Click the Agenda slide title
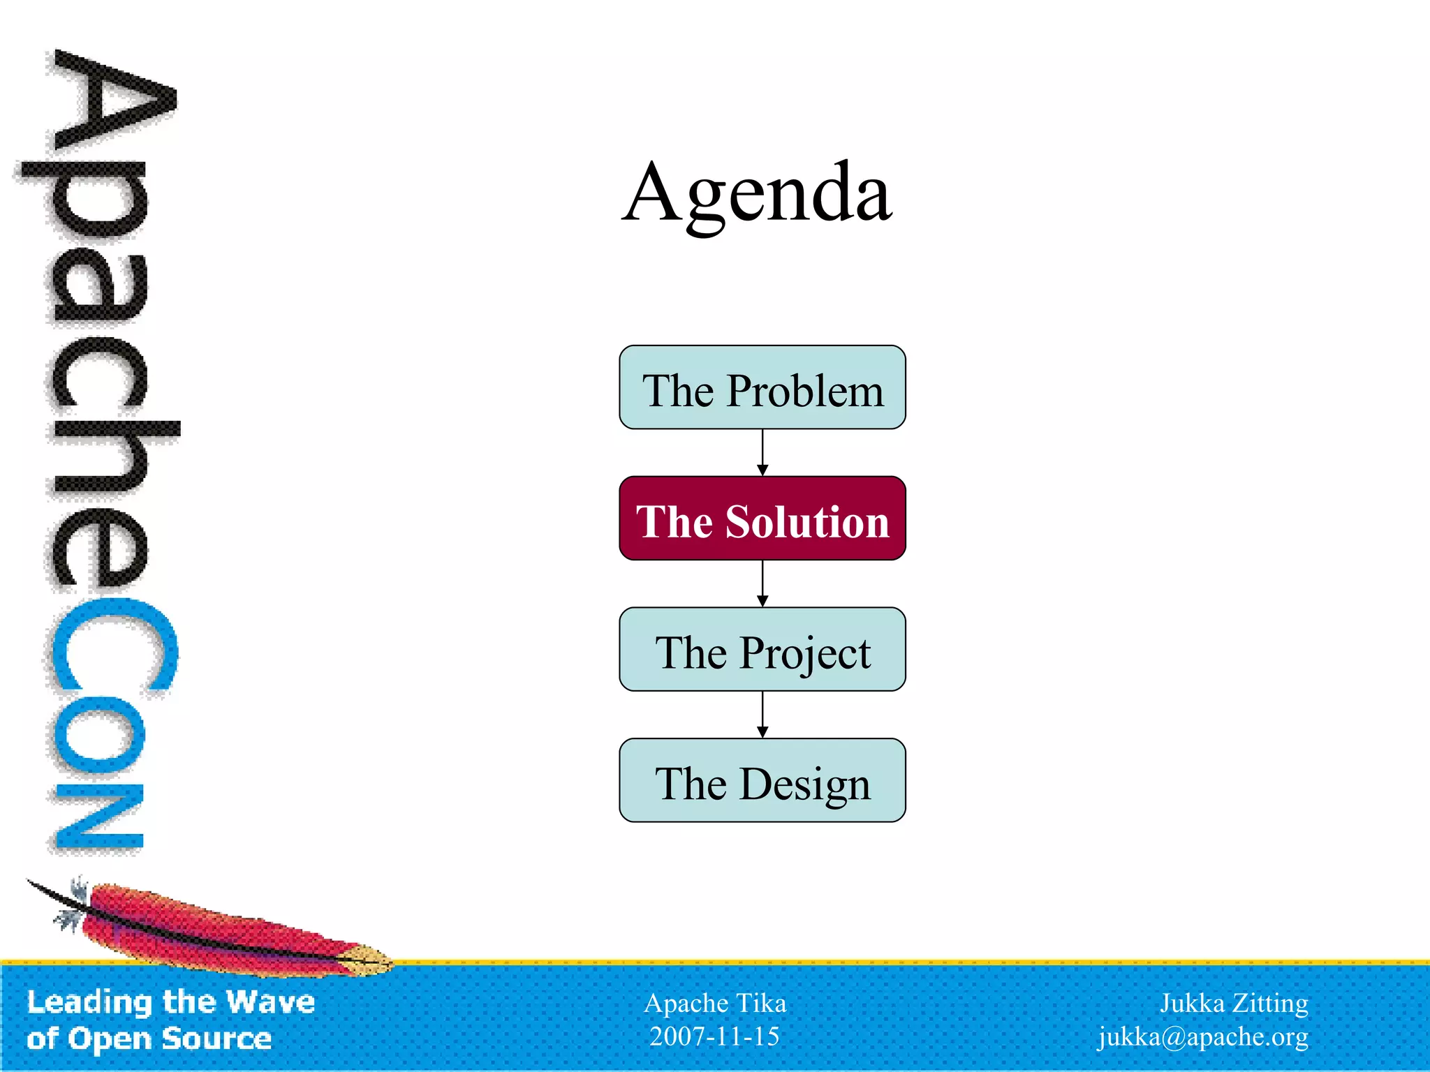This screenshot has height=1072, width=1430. click(757, 193)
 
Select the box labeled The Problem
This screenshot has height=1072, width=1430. click(762, 387)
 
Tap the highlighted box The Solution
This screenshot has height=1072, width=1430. click(762, 519)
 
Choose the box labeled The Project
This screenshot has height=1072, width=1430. click(762, 650)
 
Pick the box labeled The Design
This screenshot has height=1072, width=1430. click(762, 780)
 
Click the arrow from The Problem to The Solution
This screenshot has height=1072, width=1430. click(762, 452)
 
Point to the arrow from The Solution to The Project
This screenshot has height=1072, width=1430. click(762, 583)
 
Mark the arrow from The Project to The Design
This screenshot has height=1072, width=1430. click(762, 715)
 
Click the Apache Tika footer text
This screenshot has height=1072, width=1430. click(715, 1003)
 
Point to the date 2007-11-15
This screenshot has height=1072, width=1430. click(714, 1036)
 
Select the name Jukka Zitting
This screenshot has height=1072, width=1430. click(1234, 1003)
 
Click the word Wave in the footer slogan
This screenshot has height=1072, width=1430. click(270, 1002)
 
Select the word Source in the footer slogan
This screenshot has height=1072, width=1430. click(216, 1038)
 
